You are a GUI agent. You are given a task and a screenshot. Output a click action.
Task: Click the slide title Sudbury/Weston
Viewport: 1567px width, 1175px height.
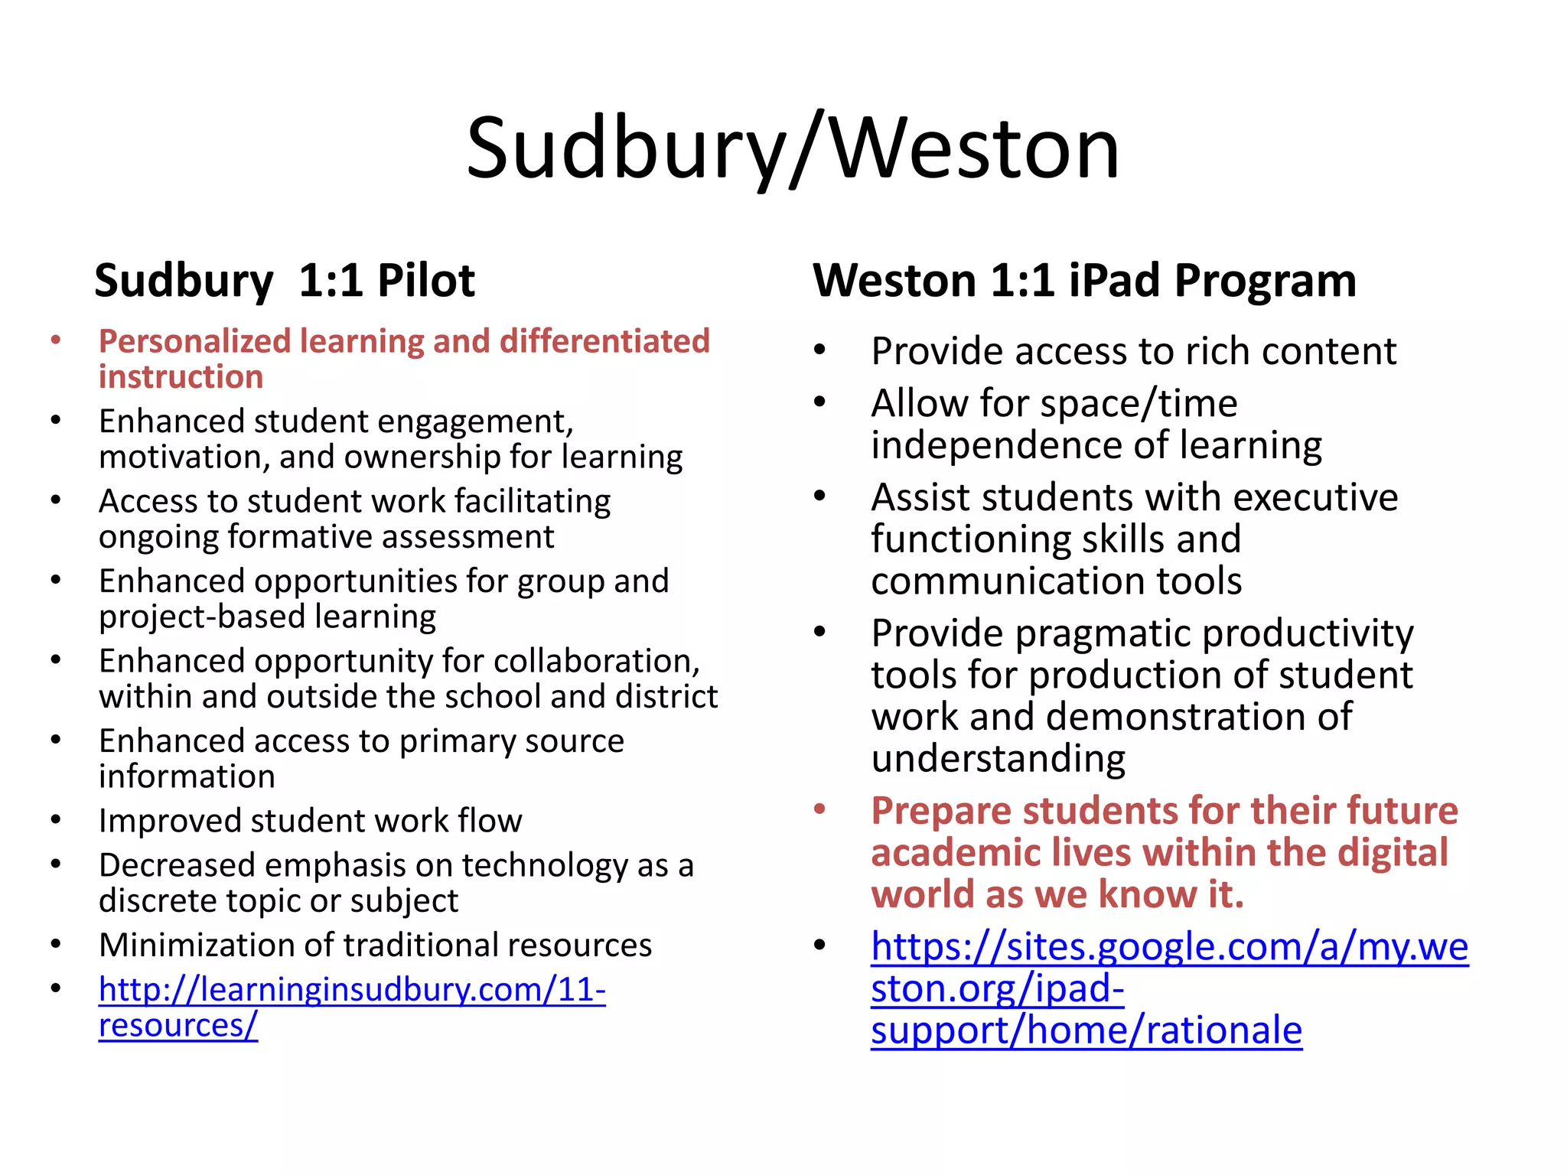coord(793,148)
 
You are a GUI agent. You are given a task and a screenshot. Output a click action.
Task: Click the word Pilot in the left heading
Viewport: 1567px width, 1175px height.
coord(425,281)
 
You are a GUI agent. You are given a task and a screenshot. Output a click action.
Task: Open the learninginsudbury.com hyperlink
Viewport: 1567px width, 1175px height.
coord(352,991)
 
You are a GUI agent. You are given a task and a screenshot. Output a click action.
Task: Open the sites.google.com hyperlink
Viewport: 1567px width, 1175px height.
coord(1169,947)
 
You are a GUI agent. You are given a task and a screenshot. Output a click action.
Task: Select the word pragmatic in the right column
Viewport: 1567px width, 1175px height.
coord(1103,634)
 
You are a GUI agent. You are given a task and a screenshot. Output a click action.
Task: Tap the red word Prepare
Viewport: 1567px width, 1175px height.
coord(941,811)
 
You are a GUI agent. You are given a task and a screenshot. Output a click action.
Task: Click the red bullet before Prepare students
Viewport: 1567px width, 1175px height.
coord(820,809)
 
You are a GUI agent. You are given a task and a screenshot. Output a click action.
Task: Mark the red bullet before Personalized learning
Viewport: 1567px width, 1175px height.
coord(55,340)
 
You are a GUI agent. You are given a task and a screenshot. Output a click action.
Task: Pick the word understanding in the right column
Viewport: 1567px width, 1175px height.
coord(998,759)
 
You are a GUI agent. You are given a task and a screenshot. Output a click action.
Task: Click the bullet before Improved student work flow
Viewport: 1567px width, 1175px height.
coord(55,820)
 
